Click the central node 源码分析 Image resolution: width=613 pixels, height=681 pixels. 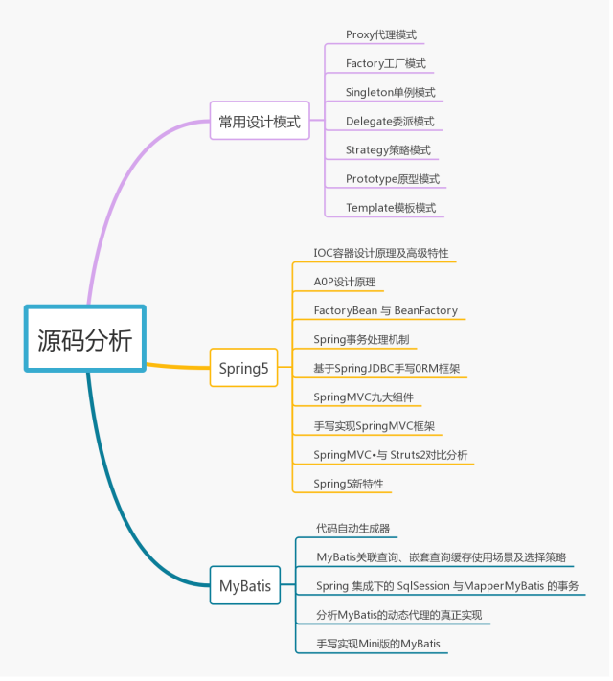(85, 340)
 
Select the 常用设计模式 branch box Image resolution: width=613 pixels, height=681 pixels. (259, 122)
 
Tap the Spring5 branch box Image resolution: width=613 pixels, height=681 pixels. (243, 368)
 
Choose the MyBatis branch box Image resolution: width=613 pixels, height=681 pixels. (245, 585)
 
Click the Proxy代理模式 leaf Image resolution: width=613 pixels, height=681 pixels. (381, 35)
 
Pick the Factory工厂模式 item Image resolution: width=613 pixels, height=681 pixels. (386, 64)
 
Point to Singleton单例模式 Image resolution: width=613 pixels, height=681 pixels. (391, 93)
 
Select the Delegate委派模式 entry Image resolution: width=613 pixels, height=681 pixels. (390, 122)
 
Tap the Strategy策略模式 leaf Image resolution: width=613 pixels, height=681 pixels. (388, 150)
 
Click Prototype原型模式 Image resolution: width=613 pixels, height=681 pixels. (393, 179)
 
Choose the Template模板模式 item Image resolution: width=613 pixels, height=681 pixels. (391, 208)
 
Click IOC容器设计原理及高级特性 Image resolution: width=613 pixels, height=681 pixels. (380, 254)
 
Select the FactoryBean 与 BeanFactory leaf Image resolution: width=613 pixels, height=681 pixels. (385, 311)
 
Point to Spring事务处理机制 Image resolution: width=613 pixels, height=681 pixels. (365, 340)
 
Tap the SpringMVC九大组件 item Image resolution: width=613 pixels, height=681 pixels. (363, 397)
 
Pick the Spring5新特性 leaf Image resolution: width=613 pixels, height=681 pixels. (348, 484)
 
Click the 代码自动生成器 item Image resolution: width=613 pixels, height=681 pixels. (352, 529)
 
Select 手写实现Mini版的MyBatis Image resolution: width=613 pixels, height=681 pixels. (378, 644)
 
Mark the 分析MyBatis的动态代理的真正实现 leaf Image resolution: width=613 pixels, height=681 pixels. (399, 615)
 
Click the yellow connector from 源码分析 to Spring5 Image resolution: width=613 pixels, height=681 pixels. (177, 366)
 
